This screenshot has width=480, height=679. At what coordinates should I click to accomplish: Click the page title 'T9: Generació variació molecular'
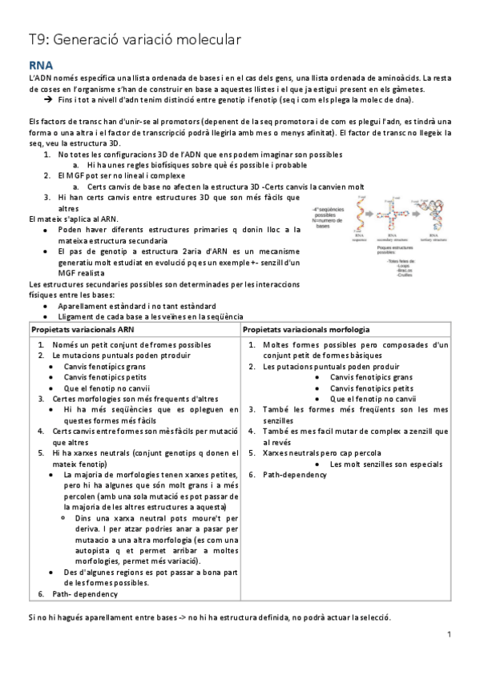(x=129, y=37)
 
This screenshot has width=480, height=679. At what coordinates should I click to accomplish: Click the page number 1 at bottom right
(x=450, y=634)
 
